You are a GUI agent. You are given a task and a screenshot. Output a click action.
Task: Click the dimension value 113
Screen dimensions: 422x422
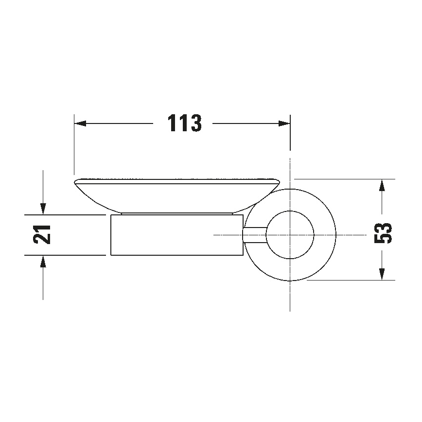click(x=184, y=123)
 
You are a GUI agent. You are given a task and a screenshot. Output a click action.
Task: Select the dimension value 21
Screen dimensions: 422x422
click(x=43, y=235)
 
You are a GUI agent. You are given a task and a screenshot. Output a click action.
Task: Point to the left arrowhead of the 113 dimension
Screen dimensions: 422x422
click(x=80, y=123)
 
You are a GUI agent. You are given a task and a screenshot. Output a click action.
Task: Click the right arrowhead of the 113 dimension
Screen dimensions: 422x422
click(x=284, y=123)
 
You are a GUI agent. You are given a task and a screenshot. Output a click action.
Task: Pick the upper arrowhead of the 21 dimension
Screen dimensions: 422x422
click(x=43, y=209)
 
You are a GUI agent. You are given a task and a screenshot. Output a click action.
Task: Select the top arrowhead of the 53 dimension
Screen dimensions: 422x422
click(x=383, y=185)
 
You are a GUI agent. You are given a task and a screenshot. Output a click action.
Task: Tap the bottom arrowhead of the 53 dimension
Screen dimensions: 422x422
click(x=383, y=274)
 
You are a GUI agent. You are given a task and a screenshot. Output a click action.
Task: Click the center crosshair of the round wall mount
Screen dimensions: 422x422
click(x=290, y=235)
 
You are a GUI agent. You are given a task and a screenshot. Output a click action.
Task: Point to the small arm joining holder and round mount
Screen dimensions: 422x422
click(x=254, y=235)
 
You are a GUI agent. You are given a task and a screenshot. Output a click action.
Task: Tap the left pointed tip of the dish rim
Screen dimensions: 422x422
click(x=75, y=182)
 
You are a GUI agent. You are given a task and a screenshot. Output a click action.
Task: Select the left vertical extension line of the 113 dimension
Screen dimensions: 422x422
click(x=74, y=146)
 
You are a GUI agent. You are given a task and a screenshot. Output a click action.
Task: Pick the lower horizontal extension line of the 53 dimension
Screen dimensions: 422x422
click(x=350, y=281)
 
